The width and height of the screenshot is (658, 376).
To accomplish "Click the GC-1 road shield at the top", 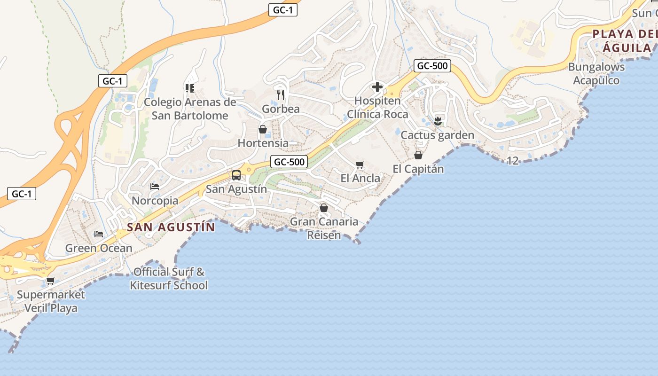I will point(283,10).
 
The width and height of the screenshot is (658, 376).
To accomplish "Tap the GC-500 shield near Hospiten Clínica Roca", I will point(432,66).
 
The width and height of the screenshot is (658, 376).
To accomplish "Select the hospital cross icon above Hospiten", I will point(377,87).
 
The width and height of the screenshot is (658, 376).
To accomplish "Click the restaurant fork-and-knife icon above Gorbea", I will point(281,94).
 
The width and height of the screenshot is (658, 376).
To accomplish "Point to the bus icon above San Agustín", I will point(236,175).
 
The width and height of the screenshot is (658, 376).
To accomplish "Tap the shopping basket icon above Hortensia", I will point(263,129).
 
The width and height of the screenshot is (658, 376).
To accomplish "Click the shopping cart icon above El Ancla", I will point(360,164).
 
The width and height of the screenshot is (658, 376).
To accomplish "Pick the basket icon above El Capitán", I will point(418,155).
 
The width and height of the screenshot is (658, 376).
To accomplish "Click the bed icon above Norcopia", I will point(155,187).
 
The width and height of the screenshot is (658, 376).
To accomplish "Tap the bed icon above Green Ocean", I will point(99,234).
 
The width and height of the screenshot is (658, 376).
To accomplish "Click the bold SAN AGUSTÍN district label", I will point(171,227).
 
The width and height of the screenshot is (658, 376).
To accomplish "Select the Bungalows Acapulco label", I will point(596,73).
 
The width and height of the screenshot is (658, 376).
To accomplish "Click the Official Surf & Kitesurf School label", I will point(169,278).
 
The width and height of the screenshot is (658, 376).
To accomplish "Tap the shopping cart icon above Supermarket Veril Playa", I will point(51,281).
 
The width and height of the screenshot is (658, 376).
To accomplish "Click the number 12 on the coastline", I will point(513,161).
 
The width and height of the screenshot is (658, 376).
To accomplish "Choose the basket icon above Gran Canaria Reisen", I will point(324,208).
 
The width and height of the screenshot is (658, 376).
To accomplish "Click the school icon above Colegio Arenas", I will point(190,88).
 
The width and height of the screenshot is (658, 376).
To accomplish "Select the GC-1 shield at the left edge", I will point(22,194).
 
